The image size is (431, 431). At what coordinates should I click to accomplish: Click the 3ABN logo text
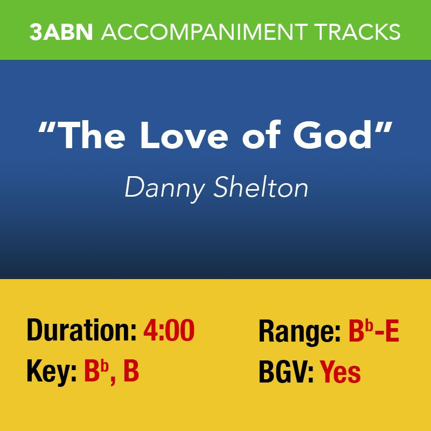point(61,32)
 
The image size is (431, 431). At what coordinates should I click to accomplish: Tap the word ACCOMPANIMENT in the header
point(205,32)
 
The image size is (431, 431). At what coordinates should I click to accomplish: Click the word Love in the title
point(184,136)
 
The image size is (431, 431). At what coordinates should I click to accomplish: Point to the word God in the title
point(335,135)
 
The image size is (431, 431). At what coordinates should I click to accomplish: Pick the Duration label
point(82,330)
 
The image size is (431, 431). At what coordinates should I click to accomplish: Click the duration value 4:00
point(169,330)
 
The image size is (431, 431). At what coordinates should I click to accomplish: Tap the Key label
point(51,372)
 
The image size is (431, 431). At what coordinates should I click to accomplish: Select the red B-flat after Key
point(96,371)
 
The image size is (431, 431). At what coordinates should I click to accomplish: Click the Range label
point(300,332)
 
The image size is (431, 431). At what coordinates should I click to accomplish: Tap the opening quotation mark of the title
point(48,127)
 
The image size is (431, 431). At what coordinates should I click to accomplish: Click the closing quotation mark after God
point(383,127)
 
